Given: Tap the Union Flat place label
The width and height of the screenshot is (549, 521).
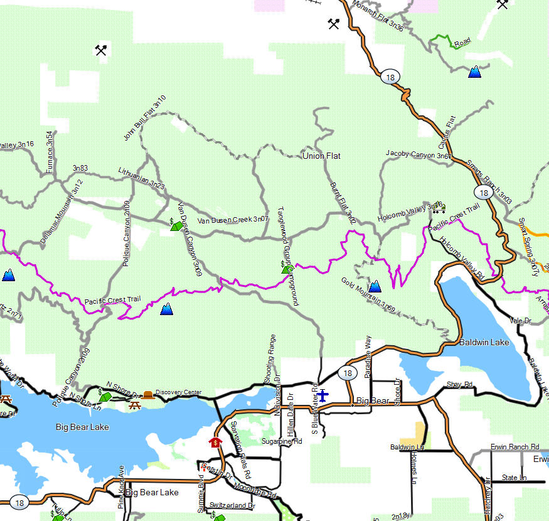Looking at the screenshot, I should pyautogui.click(x=321, y=156).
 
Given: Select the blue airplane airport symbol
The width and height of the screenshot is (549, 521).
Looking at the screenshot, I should pyautogui.click(x=322, y=395).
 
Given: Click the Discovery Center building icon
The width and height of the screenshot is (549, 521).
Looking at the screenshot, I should pyautogui.click(x=147, y=394).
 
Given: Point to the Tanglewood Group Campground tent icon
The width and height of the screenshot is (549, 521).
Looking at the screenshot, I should pyautogui.click(x=287, y=269).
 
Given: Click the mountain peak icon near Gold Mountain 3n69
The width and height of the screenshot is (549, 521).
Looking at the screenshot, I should pyautogui.click(x=375, y=286).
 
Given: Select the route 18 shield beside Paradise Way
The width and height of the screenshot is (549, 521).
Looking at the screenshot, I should pyautogui.click(x=347, y=373).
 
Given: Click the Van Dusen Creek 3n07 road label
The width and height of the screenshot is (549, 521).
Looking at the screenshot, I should pyautogui.click(x=233, y=220).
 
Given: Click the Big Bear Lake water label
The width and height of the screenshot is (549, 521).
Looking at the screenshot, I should pyautogui.click(x=82, y=427).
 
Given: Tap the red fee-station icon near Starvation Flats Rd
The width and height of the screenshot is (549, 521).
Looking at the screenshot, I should pyautogui.click(x=216, y=442).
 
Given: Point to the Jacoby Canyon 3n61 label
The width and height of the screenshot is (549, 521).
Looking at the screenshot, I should pyautogui.click(x=418, y=154).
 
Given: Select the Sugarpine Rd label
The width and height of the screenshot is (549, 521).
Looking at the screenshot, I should pyautogui.click(x=282, y=441).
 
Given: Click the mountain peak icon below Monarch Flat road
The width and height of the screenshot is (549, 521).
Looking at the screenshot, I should pyautogui.click(x=475, y=72).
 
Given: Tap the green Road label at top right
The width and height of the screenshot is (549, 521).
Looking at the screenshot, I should pyautogui.click(x=462, y=42).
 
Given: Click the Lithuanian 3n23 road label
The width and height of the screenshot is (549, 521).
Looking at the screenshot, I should pyautogui.click(x=141, y=178).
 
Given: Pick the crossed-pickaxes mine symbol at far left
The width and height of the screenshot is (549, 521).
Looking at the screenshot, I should pyautogui.click(x=101, y=50).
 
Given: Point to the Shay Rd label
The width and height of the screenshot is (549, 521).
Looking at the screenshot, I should pyautogui.click(x=459, y=384).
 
